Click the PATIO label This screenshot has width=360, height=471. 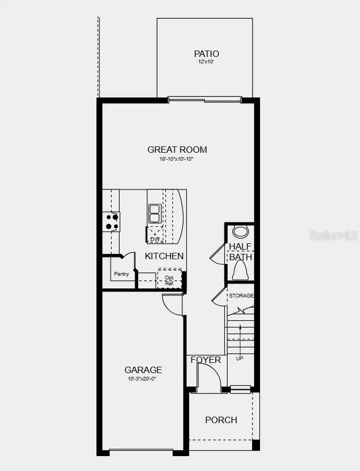point(206,54)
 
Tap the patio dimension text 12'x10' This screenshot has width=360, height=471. point(206,62)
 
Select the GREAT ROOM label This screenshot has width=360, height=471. point(177,150)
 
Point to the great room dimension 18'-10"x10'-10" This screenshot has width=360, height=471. point(177,159)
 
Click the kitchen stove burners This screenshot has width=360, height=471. point(111,221)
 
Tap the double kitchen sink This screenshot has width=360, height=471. point(154,213)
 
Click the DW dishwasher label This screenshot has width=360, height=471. point(155,239)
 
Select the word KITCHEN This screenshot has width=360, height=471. point(164,256)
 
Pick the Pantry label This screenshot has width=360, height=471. point(121,274)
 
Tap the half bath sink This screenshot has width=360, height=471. point(241,232)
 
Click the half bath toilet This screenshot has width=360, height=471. point(241,272)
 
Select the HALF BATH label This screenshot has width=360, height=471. point(240,252)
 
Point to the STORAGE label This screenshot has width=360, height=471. point(241,295)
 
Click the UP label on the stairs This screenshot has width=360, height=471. point(239,359)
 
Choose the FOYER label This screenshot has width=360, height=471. point(206,360)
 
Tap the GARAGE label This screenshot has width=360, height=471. point(143,370)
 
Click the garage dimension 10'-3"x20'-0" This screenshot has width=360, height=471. point(143,379)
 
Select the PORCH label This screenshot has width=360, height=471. point(221,420)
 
